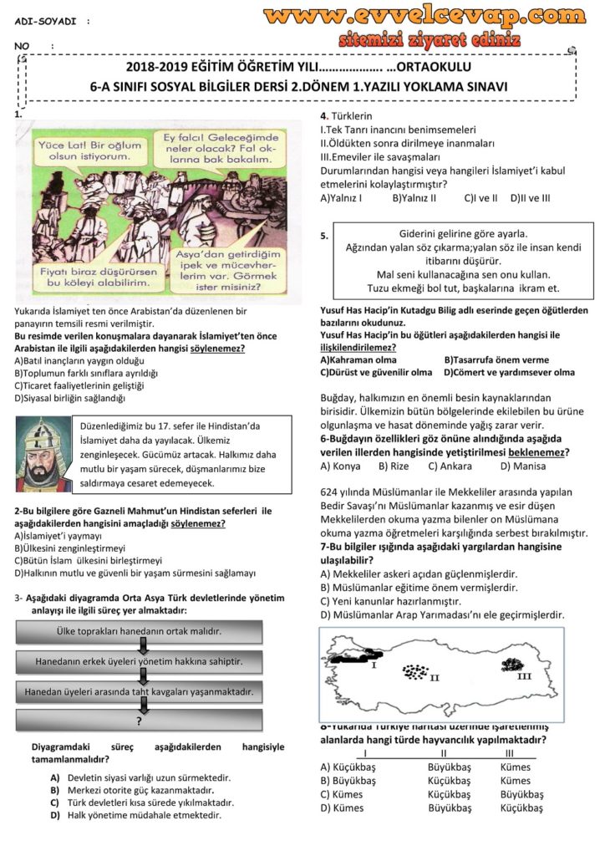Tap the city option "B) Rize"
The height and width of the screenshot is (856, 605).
coord(394,466)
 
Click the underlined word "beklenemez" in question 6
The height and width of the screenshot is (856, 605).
coord(537,452)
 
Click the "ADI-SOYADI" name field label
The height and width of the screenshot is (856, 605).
coord(43,18)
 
